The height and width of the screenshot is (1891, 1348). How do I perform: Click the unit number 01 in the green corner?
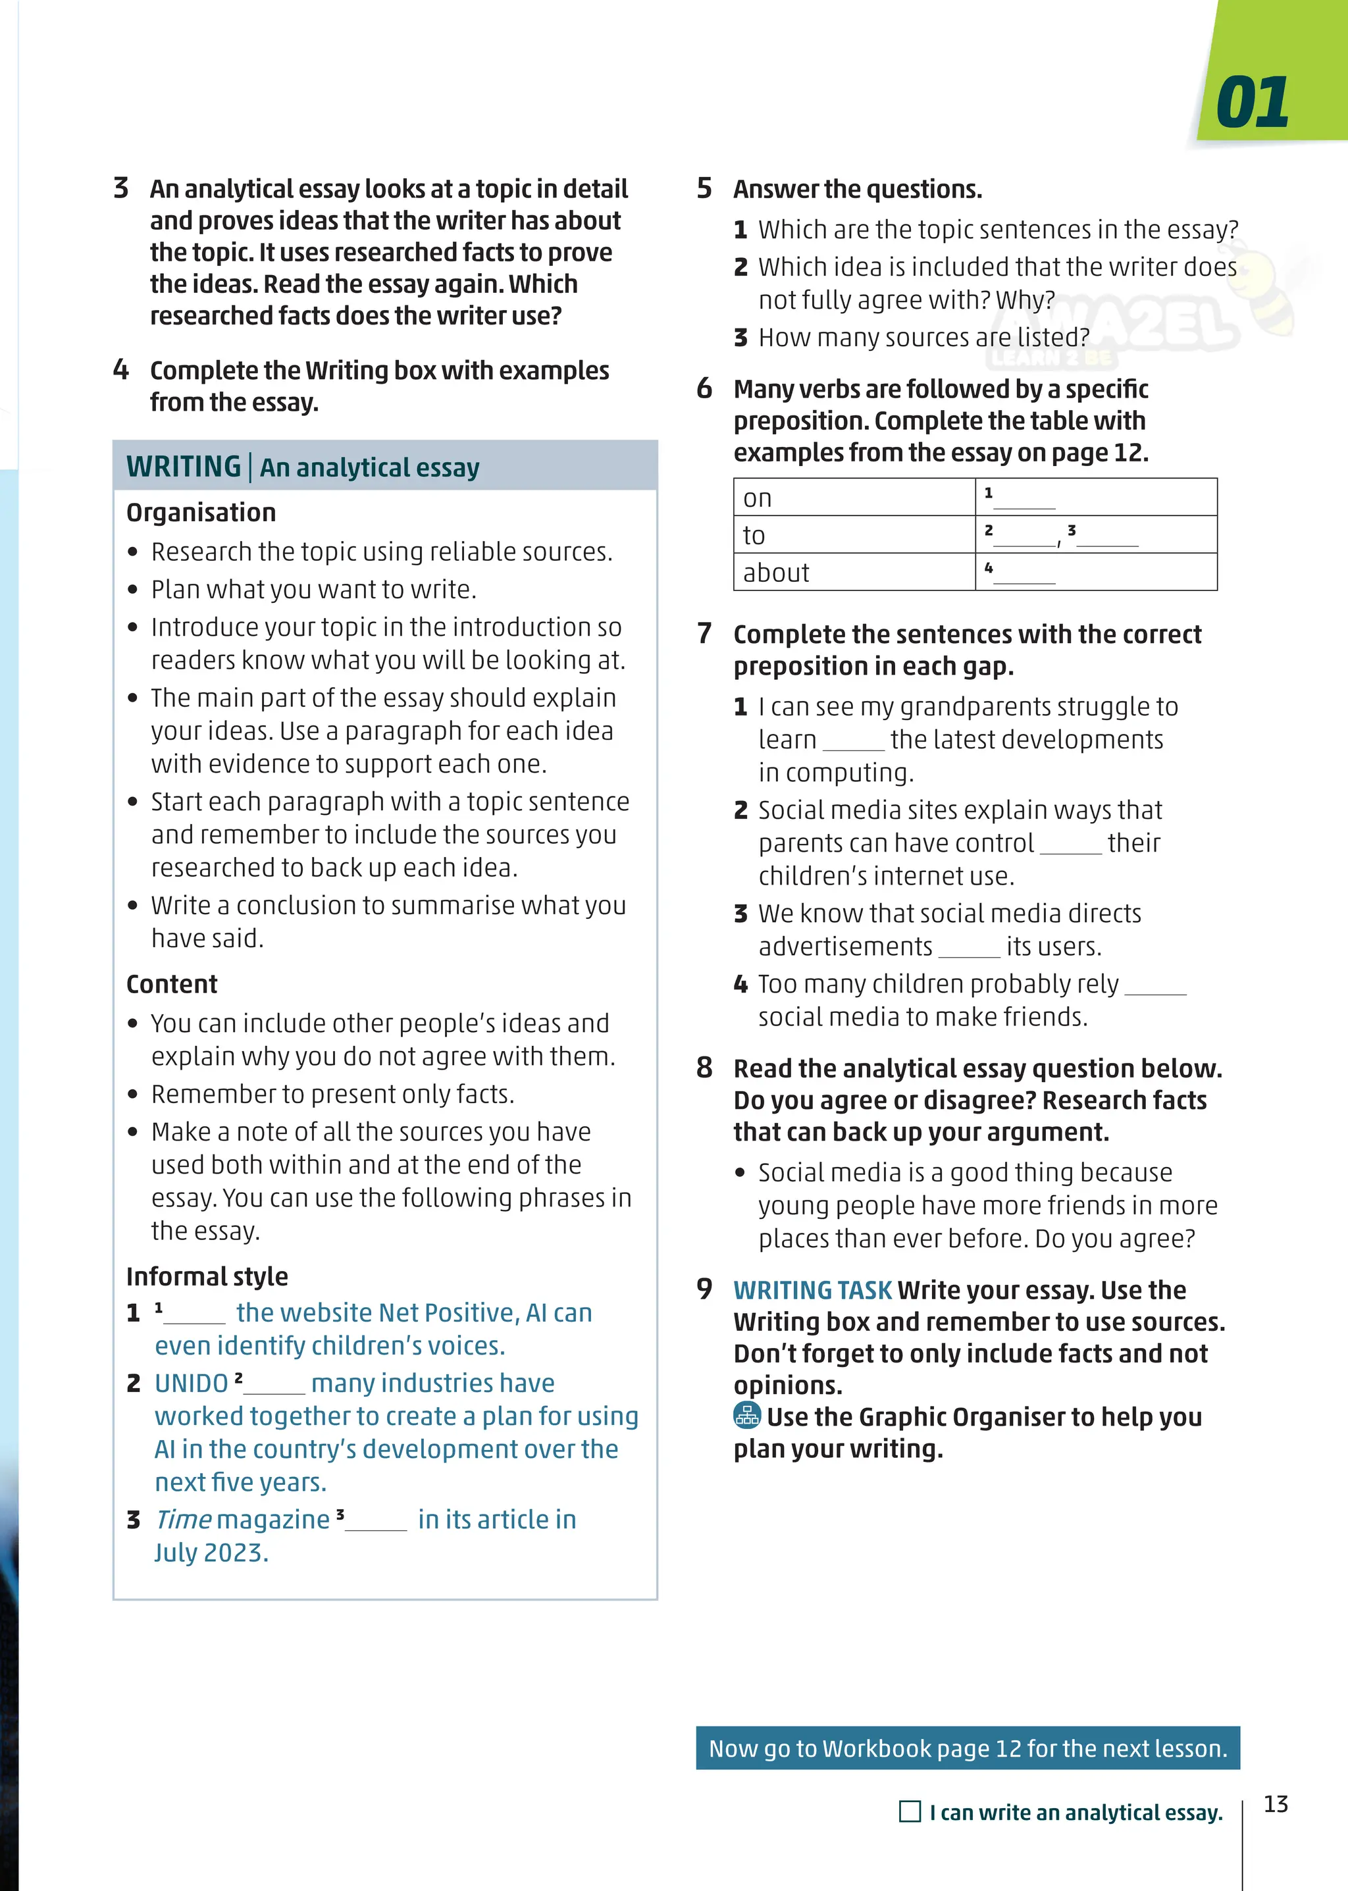click(1252, 103)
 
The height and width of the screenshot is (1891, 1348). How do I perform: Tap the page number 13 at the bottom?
click(1275, 1804)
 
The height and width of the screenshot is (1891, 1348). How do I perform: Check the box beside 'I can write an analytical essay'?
click(910, 1811)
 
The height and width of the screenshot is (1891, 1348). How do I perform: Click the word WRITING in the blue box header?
click(184, 467)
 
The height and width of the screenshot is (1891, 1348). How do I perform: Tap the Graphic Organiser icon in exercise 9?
click(747, 1415)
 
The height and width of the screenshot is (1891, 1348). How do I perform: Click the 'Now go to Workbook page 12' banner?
click(967, 1748)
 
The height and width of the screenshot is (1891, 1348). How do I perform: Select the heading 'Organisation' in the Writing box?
click(201, 512)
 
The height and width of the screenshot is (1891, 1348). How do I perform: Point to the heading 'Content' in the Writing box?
click(172, 984)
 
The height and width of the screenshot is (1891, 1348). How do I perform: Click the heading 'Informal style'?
click(207, 1276)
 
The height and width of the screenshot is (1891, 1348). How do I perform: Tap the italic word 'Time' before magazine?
click(184, 1519)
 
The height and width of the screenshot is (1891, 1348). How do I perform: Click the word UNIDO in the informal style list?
click(191, 1383)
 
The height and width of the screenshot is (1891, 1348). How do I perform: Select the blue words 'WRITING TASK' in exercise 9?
click(812, 1290)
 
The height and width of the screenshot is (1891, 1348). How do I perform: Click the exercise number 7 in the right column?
click(704, 633)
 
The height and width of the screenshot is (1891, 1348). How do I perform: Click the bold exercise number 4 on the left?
click(121, 369)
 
